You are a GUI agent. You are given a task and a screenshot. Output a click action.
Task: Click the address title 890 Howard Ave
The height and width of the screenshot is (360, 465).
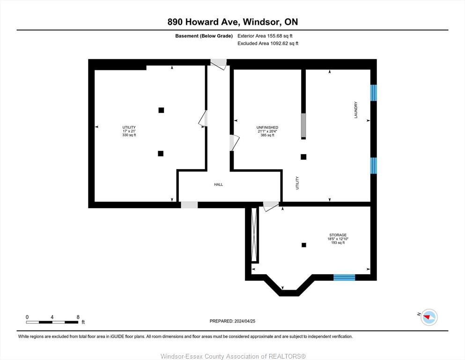coord(205,22)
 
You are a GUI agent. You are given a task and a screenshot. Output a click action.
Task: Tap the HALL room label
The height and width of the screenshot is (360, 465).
coord(219,185)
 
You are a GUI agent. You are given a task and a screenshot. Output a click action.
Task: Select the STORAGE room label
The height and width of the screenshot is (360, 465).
coord(338,235)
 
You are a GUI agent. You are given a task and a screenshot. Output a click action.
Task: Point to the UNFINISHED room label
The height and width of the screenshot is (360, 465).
coord(267,127)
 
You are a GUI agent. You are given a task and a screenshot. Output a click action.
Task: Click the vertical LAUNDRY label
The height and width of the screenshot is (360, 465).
coord(356,110)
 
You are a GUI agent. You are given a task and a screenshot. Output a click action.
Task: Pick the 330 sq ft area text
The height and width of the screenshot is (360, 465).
coord(129,135)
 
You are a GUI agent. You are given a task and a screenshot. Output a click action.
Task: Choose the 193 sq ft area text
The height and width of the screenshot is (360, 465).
coord(338,243)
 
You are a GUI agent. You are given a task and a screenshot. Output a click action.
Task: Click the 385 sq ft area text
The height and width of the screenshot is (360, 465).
coord(267,135)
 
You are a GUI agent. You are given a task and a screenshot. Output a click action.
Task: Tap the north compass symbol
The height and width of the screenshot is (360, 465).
coord(429,317)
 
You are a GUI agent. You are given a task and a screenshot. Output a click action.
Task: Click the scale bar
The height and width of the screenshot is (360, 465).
coord(52,322)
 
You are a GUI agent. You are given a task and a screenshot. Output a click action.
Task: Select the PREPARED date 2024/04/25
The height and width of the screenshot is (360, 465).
coord(232,321)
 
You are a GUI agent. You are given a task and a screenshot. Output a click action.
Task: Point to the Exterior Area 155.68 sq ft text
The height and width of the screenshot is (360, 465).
coord(265,36)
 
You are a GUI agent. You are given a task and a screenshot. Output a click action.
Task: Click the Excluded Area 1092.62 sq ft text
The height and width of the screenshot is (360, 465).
coord(268,43)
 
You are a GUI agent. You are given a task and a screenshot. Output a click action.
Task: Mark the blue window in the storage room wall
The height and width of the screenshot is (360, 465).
coord(344,277)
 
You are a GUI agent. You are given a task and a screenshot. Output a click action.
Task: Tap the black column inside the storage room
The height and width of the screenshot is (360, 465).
coord(303,245)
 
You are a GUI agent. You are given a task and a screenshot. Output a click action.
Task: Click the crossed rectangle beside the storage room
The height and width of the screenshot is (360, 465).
coord(254,235)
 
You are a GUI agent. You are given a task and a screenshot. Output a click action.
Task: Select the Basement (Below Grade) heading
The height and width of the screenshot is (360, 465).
coord(204,36)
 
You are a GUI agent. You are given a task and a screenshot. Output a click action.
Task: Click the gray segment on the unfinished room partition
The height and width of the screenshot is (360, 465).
coord(303,125)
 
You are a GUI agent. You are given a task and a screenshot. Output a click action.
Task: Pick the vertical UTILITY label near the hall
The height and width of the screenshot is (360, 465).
coord(297,183)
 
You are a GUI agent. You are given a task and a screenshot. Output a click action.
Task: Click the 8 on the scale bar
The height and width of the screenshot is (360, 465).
coord(78,317)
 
